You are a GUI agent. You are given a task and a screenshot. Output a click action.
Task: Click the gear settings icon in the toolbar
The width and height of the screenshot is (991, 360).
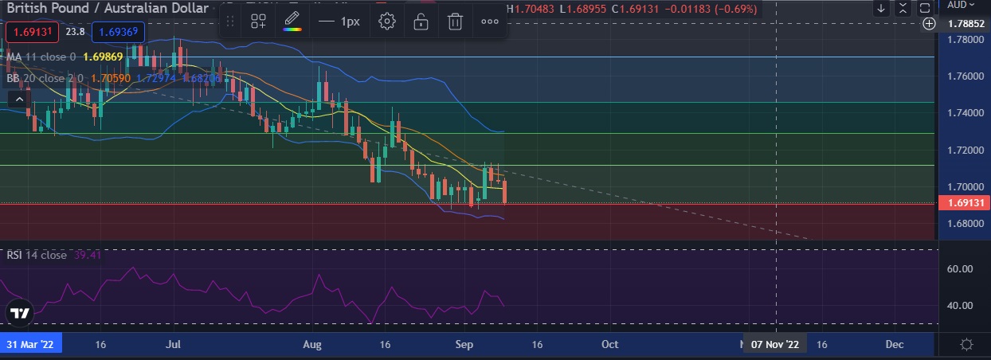pos(387,22)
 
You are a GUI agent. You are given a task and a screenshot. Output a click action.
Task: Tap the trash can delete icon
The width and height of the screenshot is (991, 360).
pos(455,22)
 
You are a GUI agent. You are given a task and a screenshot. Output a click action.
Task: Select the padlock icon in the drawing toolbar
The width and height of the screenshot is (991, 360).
pos(421,22)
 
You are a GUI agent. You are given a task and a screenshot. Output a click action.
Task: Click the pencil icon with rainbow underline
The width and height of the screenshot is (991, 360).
pos(292,22)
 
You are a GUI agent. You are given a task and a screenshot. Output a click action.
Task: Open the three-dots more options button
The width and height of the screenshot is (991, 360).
pos(489,22)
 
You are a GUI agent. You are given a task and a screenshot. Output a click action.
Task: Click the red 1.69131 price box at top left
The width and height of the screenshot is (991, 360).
pos(30,33)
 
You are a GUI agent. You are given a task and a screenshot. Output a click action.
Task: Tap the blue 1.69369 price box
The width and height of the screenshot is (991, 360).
pos(117,33)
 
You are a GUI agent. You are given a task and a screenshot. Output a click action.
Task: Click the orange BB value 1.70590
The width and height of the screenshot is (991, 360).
pos(112,79)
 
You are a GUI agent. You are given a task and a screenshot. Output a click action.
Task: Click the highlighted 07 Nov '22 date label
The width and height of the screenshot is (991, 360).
pos(775,345)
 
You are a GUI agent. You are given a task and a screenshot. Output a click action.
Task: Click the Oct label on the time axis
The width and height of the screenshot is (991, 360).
pos(610,345)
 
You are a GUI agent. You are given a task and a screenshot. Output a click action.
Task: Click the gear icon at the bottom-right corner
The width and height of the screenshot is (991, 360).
pos(966,345)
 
